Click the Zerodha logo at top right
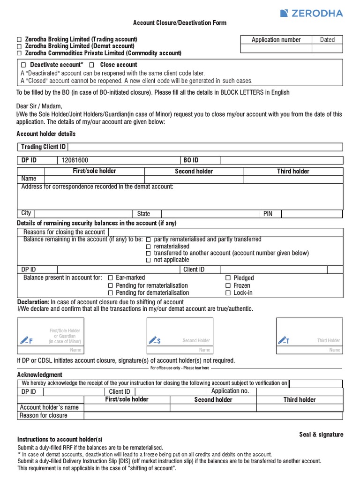coord(311,13)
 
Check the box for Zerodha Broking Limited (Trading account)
coord(19,39)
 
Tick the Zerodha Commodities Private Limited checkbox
coord(19,53)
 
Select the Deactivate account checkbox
coord(24,65)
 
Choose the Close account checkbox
coord(92,65)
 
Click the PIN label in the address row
coord(268,214)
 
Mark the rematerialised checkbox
coord(148,247)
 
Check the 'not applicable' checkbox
coord(148,260)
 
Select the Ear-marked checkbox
coord(111,278)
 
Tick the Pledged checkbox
coord(228,278)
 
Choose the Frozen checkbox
coord(228,285)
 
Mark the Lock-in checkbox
coord(228,293)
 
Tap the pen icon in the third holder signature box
coord(282,340)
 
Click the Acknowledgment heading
coord(40,375)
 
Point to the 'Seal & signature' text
coord(321,435)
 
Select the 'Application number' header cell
coord(276,40)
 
